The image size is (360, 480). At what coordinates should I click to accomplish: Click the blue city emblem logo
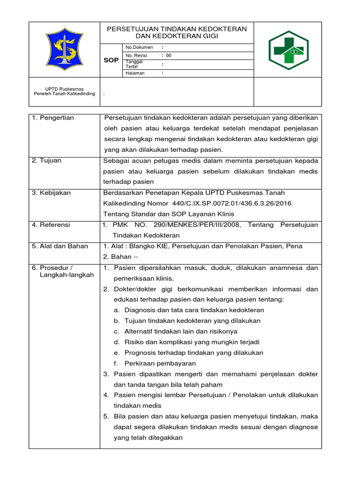click(x=64, y=49)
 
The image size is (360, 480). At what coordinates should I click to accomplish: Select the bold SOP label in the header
click(x=111, y=60)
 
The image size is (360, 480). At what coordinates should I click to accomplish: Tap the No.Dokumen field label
click(x=139, y=47)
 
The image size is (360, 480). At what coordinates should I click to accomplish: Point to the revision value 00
click(x=169, y=55)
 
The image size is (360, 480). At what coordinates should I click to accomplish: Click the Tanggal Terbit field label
click(x=134, y=64)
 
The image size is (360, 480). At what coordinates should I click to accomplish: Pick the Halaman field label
click(x=135, y=73)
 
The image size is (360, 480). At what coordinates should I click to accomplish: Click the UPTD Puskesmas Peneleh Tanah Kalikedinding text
click(x=64, y=91)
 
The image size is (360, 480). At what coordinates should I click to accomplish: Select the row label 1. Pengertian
click(x=53, y=118)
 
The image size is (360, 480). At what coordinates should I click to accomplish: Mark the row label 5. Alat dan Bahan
click(x=60, y=246)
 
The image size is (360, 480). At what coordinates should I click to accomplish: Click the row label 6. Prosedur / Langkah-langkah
click(x=63, y=271)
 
